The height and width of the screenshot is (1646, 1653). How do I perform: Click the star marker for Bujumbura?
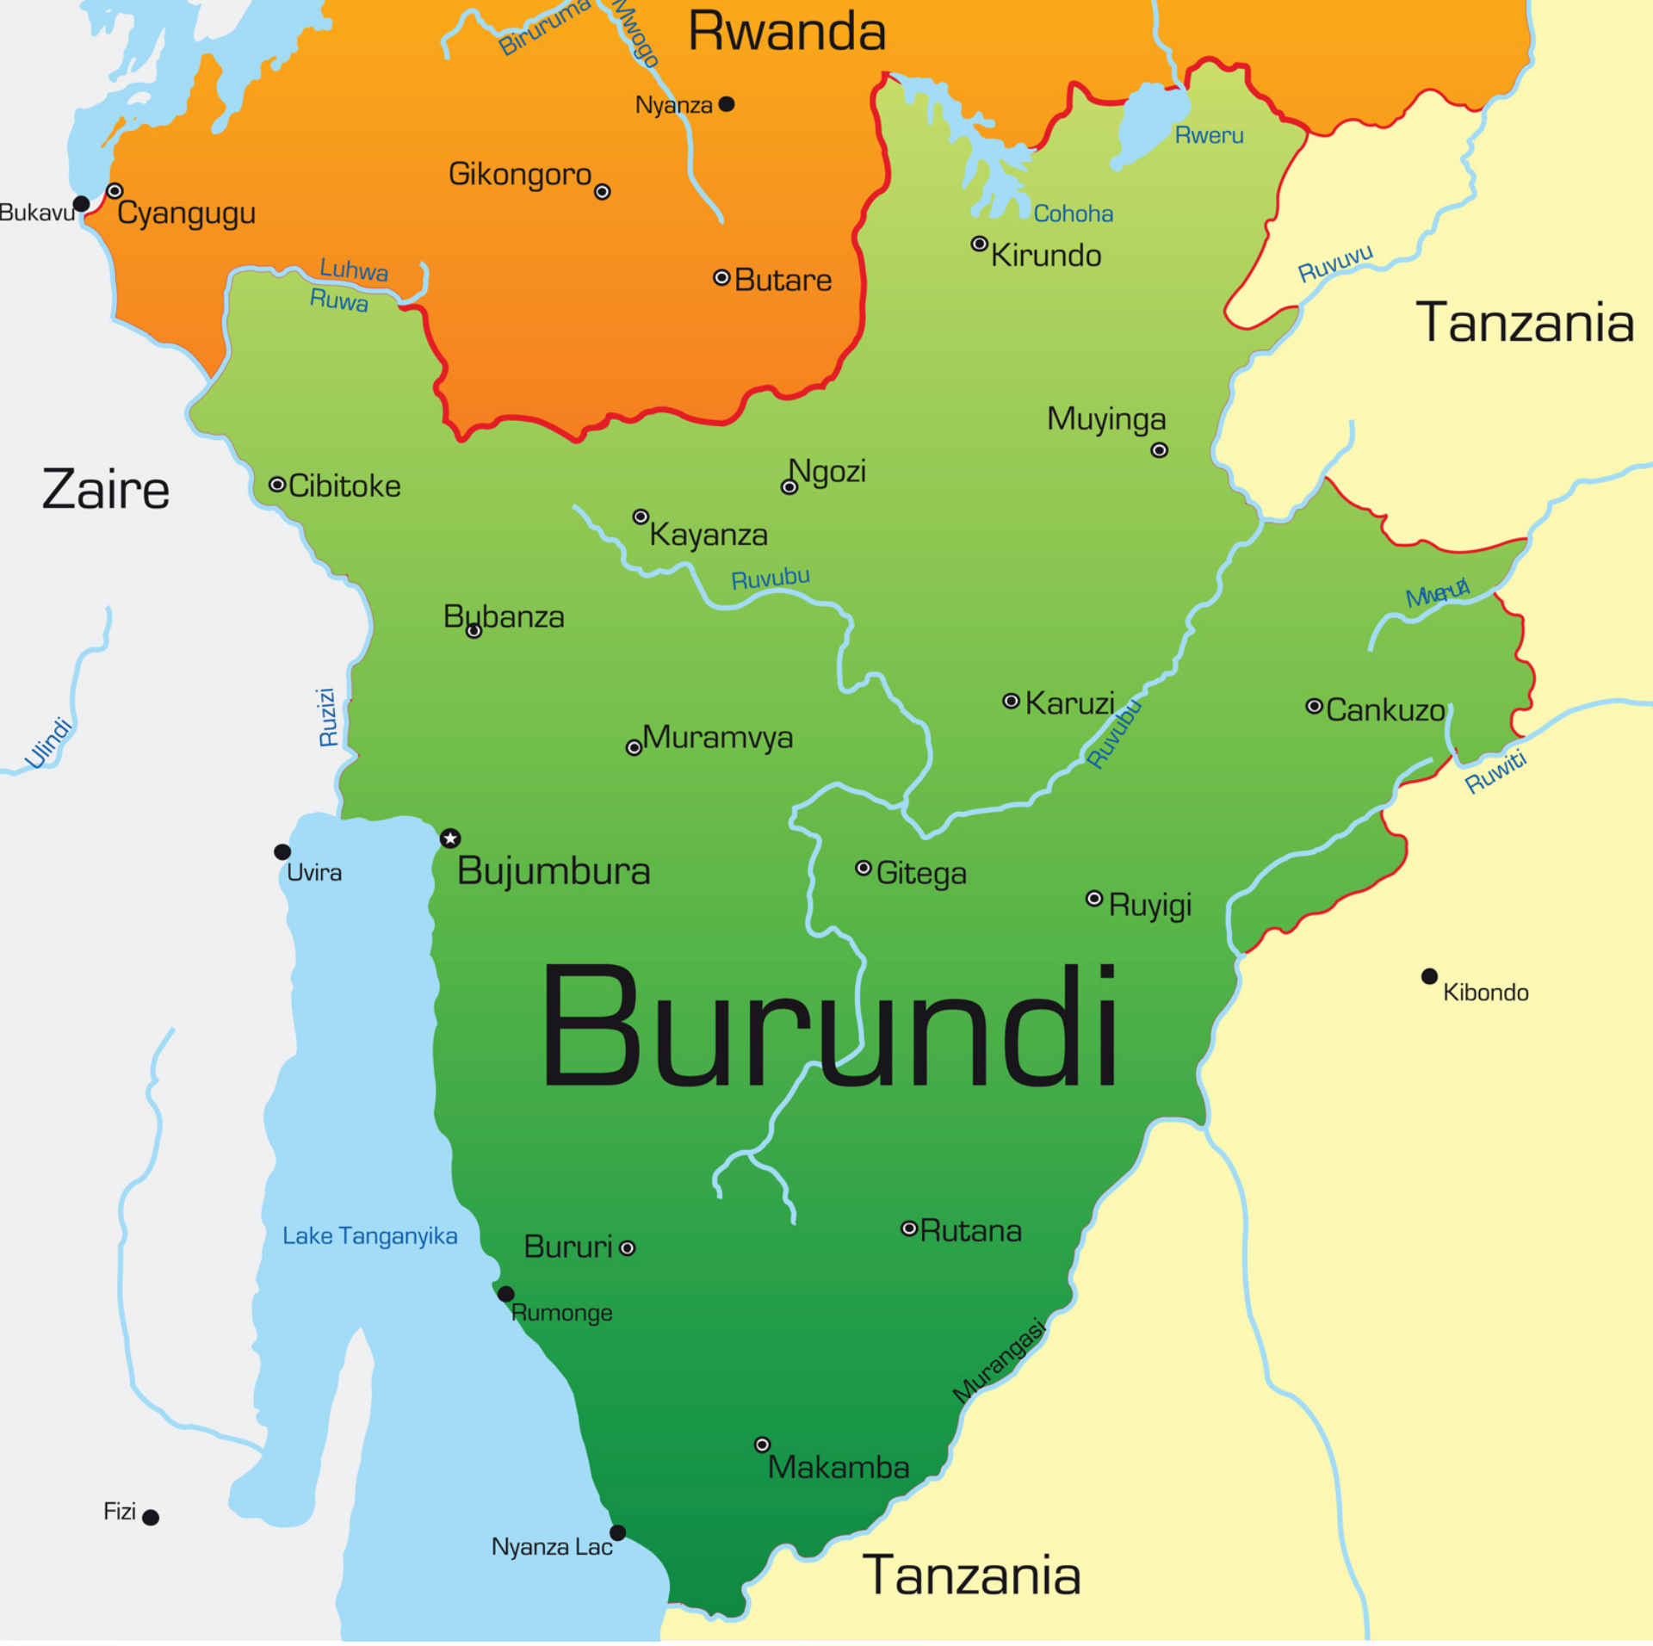click(450, 838)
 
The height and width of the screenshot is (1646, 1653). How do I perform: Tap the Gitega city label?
click(921, 873)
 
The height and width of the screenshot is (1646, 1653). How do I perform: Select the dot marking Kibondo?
click(1429, 976)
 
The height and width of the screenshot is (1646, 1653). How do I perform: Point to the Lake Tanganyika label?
click(369, 1235)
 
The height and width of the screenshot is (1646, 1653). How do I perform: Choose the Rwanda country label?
click(787, 32)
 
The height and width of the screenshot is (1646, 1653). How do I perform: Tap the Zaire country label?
click(106, 490)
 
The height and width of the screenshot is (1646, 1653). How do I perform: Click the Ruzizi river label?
click(327, 716)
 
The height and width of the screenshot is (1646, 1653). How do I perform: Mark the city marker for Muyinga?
click(1160, 450)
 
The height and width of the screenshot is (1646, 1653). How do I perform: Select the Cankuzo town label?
click(1385, 710)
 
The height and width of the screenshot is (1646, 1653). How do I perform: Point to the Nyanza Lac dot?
click(617, 1532)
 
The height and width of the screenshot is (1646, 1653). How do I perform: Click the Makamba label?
click(838, 1467)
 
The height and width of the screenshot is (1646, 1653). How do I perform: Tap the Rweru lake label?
click(1209, 135)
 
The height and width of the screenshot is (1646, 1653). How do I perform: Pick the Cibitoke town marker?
click(277, 485)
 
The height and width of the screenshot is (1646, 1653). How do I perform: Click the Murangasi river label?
click(999, 1361)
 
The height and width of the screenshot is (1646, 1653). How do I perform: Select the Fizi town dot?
click(151, 1517)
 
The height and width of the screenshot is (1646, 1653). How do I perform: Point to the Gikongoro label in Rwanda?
click(520, 175)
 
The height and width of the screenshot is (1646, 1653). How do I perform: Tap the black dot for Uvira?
click(282, 851)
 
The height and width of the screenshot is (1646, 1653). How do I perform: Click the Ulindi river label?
click(49, 742)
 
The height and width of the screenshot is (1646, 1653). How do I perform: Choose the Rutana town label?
click(970, 1231)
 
